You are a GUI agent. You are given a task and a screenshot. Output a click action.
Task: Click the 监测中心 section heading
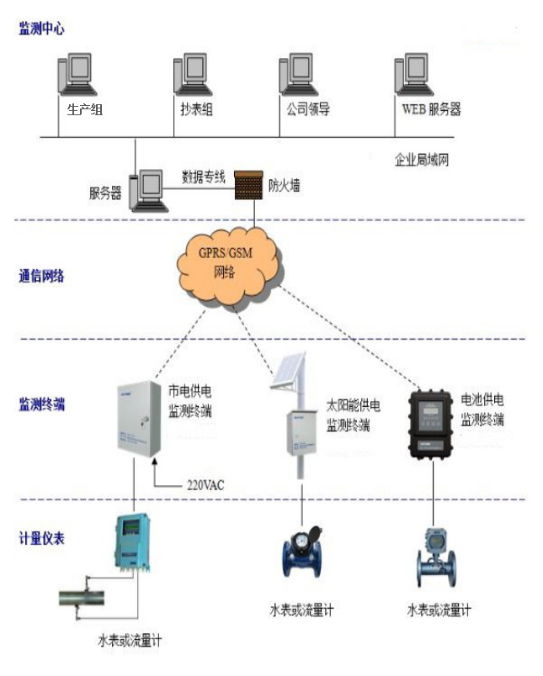(x=41, y=29)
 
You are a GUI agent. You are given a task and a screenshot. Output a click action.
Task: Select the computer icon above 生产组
(x=74, y=77)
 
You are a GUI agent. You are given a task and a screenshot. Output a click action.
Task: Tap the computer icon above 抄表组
(x=189, y=77)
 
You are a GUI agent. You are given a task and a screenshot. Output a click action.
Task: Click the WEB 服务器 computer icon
(x=411, y=77)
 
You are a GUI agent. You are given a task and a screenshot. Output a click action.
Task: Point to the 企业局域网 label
(x=422, y=158)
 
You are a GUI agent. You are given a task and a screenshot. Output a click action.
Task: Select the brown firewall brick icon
(x=248, y=184)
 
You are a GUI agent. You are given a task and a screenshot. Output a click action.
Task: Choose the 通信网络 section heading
(x=41, y=275)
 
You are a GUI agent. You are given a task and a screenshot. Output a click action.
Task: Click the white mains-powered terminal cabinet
(x=137, y=420)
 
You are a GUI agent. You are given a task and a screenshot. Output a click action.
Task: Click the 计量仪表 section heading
(x=41, y=538)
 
